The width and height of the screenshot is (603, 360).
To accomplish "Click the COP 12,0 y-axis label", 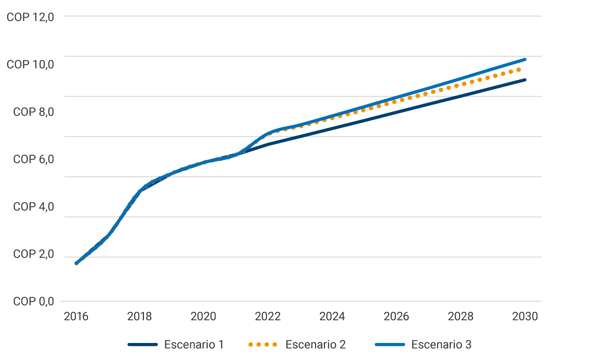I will pyautogui.click(x=30, y=17).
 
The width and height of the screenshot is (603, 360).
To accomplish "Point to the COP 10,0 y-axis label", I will pyautogui.click(x=30, y=65).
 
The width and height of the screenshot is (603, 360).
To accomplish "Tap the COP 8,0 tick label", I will pyautogui.click(x=33, y=112).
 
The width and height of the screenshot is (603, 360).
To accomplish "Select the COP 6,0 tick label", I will pyautogui.click(x=33, y=160).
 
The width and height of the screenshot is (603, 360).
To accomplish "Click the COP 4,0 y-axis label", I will pyautogui.click(x=33, y=207).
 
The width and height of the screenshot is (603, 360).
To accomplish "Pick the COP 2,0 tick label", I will pyautogui.click(x=33, y=254).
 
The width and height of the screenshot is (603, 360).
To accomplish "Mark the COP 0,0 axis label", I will pyautogui.click(x=33, y=302).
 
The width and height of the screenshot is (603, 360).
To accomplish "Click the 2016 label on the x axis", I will pyautogui.click(x=76, y=317).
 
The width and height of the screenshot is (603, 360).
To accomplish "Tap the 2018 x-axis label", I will pyautogui.click(x=140, y=317).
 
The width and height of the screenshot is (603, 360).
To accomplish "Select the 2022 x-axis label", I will pyautogui.click(x=268, y=317).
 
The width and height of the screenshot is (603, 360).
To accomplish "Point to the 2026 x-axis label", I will pyautogui.click(x=396, y=317).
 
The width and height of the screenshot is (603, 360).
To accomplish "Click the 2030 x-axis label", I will pyautogui.click(x=525, y=317).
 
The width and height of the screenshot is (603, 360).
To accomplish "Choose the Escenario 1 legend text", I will pyautogui.click(x=194, y=345).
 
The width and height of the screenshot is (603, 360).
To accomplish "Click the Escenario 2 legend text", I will pyautogui.click(x=316, y=345).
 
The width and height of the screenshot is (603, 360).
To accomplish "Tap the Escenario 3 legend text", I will pyautogui.click(x=441, y=345).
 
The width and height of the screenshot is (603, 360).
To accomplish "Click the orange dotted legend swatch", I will pyautogui.click(x=263, y=345).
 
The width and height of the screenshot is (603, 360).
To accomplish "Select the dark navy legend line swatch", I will pyautogui.click(x=143, y=345).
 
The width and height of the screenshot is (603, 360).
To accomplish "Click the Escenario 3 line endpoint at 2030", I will pyautogui.click(x=525, y=59).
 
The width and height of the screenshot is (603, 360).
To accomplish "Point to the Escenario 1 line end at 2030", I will pyautogui.click(x=525, y=80).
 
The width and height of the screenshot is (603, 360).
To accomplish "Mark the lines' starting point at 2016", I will pyautogui.click(x=76, y=263).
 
